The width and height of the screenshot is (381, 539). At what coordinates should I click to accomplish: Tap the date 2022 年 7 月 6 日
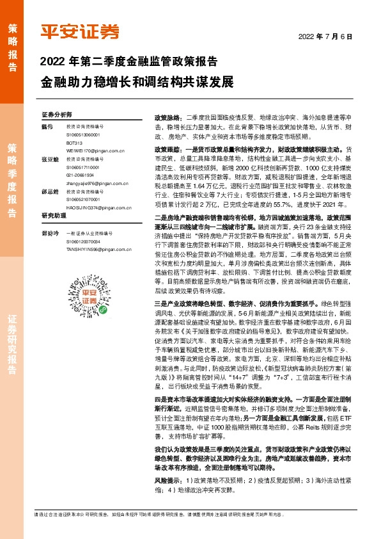tap(325, 36)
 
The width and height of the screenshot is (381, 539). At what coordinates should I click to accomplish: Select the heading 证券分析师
tap(57, 115)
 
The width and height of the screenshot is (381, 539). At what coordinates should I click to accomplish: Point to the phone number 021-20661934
tap(81, 175)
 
